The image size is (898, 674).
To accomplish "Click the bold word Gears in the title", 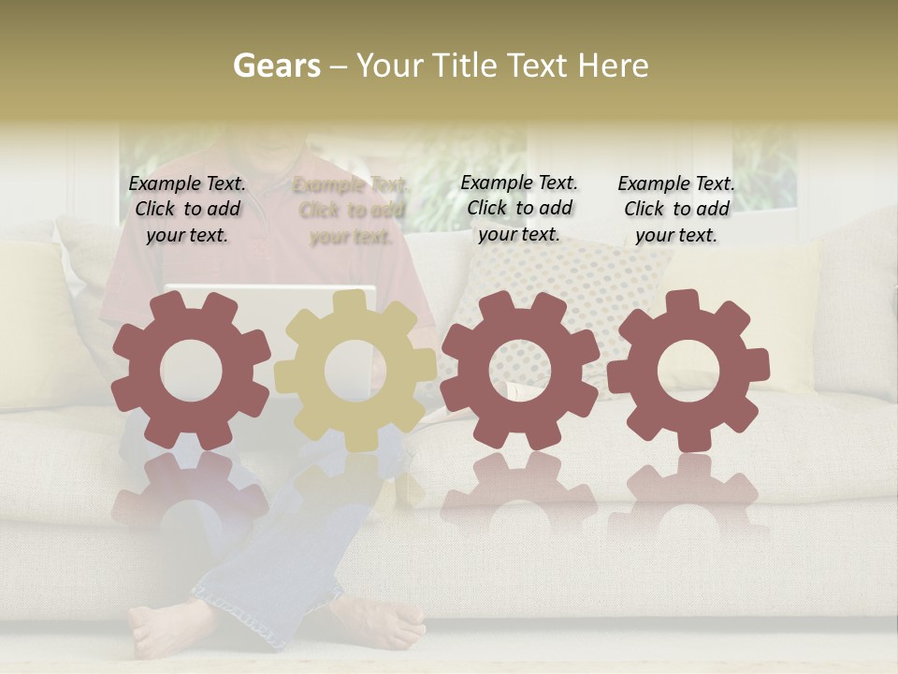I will click(276, 66).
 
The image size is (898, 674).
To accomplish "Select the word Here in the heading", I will click(613, 66).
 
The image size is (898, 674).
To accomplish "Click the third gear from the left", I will click(468, 370).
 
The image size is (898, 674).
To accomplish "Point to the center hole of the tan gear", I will click(355, 370).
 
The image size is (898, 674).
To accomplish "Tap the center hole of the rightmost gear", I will click(688, 371).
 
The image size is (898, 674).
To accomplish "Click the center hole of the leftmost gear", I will click(191, 371).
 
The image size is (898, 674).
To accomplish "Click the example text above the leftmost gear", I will click(187, 210).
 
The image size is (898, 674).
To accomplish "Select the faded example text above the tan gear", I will click(351, 212).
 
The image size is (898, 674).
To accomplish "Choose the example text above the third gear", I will click(519, 208).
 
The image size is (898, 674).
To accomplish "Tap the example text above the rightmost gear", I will click(676, 210).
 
